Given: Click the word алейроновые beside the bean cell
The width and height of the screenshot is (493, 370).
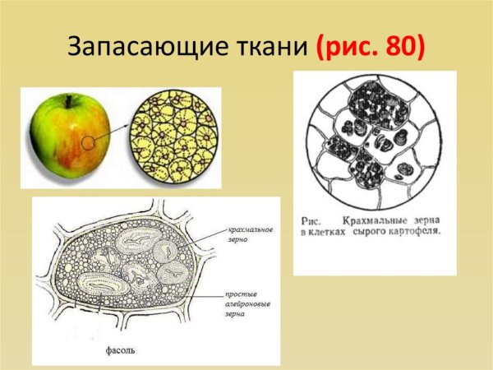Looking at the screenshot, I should tap(250, 303).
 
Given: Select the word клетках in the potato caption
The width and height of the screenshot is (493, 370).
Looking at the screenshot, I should tap(334, 232).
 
